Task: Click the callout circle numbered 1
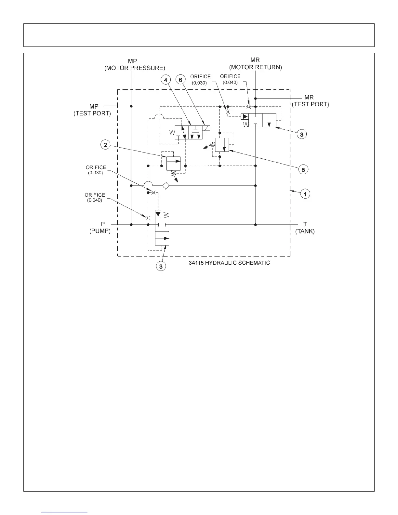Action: [x=305, y=194]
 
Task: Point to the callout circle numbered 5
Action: [x=303, y=169]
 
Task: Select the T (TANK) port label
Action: [x=305, y=228]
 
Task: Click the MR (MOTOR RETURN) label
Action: [x=256, y=64]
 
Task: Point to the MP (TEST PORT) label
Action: [x=93, y=110]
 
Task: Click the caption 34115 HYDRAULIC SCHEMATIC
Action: [x=229, y=263]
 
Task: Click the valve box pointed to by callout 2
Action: [x=173, y=163]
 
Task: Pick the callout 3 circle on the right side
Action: [x=301, y=134]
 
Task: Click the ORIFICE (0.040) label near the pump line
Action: [x=95, y=197]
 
